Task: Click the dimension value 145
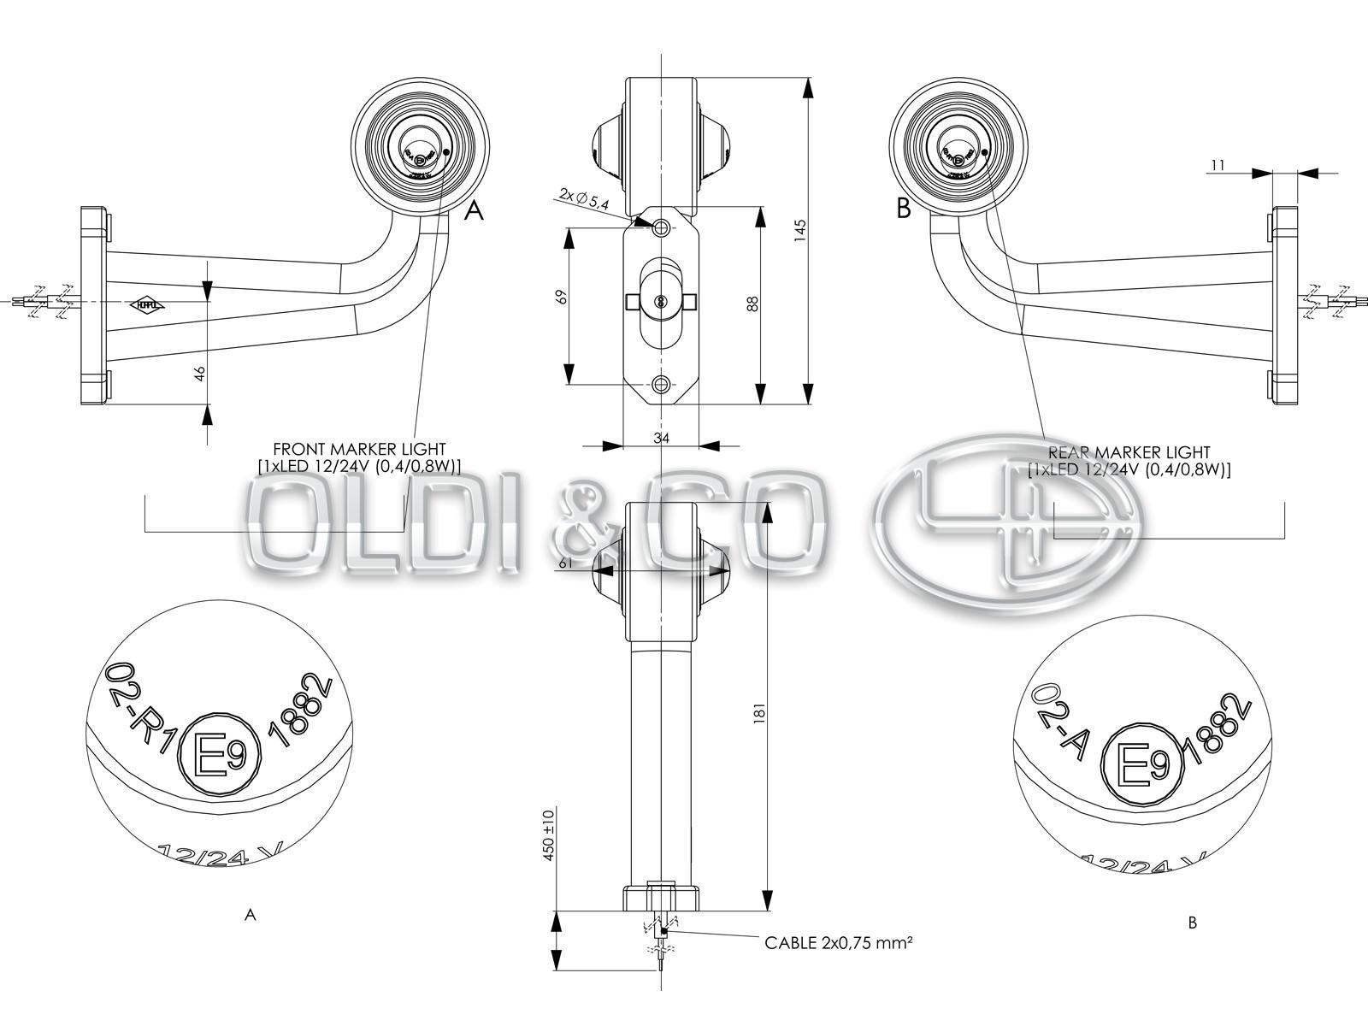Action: tap(800, 230)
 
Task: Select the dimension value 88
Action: tap(752, 304)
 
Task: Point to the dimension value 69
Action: tap(562, 296)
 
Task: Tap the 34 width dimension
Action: tap(661, 438)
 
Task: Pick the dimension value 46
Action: tap(201, 374)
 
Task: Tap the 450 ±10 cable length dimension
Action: tap(548, 833)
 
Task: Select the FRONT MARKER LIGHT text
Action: tap(359, 449)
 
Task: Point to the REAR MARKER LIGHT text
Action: tap(1129, 452)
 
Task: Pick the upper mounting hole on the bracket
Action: tap(662, 227)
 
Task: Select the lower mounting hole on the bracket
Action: tap(662, 386)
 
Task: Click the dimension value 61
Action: tap(565, 563)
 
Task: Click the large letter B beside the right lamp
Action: tap(904, 208)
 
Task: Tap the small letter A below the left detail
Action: tap(250, 915)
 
